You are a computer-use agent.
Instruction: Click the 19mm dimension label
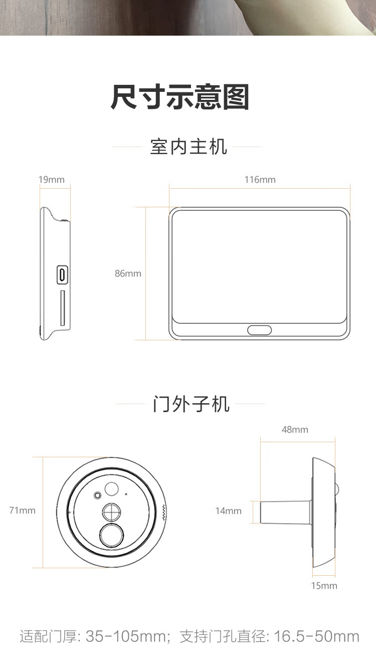coord(52,180)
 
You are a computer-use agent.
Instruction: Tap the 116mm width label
coord(260,180)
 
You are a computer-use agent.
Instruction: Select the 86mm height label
coord(128,273)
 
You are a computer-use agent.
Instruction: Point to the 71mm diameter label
coord(23,510)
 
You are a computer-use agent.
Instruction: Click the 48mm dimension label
coord(295,430)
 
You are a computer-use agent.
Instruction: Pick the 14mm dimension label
coord(229,511)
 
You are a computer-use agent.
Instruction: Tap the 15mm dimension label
coord(324,585)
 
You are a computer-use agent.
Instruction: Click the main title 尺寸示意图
coord(180,97)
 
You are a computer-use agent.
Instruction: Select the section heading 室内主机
coord(189,147)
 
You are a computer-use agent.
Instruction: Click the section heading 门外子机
coord(191,404)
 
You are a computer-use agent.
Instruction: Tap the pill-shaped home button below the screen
coord(259,330)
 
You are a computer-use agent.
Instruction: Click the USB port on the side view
coord(62,275)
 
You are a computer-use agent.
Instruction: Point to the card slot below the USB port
coord(63,308)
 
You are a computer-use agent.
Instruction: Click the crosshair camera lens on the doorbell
coord(111,512)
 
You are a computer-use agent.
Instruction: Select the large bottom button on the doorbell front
coord(112,535)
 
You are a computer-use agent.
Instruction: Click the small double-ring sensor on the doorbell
coord(98,495)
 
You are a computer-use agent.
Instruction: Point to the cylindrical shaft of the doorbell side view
coord(285,512)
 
